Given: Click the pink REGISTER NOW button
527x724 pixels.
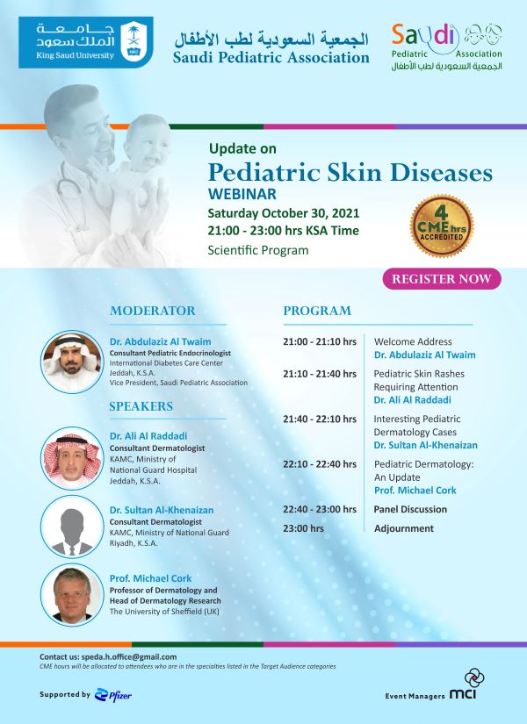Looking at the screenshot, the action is [x=442, y=279].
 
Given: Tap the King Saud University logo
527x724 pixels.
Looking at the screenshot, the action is [x=85, y=42].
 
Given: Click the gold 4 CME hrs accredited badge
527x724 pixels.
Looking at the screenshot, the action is [x=442, y=226].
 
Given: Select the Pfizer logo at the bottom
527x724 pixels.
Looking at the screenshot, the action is [x=112, y=695].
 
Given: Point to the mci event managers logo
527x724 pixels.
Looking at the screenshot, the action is [x=463, y=685].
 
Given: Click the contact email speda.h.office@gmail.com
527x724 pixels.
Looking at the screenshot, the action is [x=129, y=656].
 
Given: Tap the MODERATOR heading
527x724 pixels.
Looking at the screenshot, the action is [x=153, y=311].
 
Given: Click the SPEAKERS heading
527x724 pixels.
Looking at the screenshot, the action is [x=141, y=406].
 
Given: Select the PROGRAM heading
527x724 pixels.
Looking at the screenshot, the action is [x=317, y=311].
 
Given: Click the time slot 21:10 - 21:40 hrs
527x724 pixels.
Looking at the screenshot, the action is [x=320, y=374].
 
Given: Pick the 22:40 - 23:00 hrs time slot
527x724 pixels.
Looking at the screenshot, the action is [x=320, y=509].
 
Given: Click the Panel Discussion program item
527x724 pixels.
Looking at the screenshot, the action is [x=410, y=509].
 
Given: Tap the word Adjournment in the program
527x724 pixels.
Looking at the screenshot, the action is [x=404, y=528].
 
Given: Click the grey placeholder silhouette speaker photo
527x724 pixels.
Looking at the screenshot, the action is [x=72, y=527].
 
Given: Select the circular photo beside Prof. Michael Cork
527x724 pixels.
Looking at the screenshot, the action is [x=72, y=595].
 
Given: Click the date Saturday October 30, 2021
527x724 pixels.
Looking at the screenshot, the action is [x=284, y=213].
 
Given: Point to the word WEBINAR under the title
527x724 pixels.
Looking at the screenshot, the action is [x=242, y=193].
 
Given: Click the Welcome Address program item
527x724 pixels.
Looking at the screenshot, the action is [x=413, y=341].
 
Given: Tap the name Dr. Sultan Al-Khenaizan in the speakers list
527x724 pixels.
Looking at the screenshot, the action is [x=162, y=510].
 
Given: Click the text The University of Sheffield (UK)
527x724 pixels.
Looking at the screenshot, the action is [x=164, y=612].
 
